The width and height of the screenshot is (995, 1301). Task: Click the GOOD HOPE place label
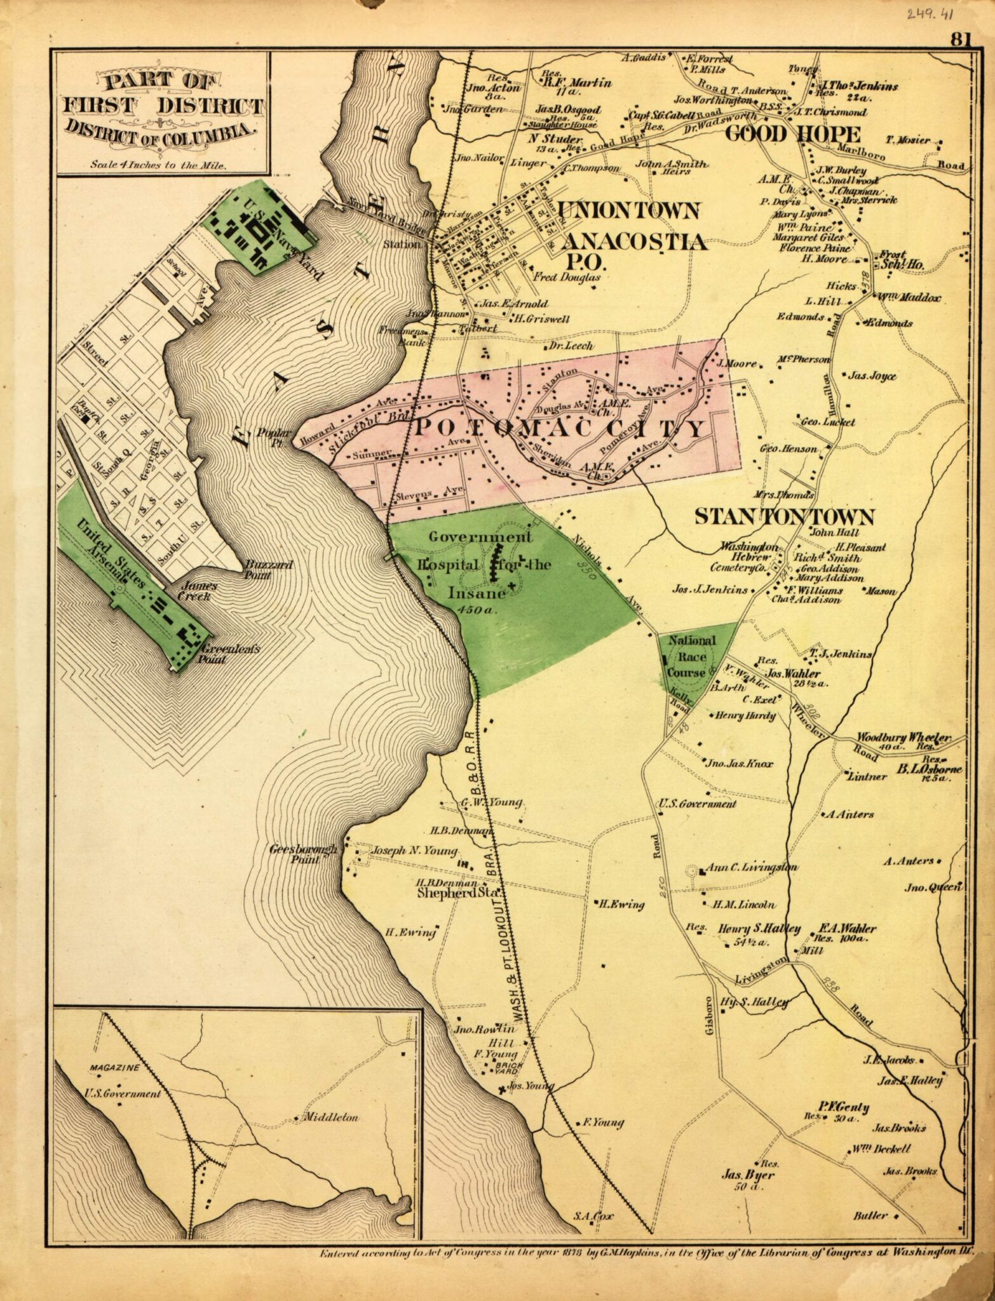(x=793, y=134)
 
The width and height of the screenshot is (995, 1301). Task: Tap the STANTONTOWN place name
(x=784, y=516)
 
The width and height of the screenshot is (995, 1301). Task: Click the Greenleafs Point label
(x=222, y=654)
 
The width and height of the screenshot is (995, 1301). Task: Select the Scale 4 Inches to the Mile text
(x=158, y=163)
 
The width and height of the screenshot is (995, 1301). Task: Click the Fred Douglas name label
(x=566, y=277)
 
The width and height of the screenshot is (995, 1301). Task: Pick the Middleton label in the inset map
(x=330, y=1117)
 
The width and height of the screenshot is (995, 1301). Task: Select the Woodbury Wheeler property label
(x=904, y=738)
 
